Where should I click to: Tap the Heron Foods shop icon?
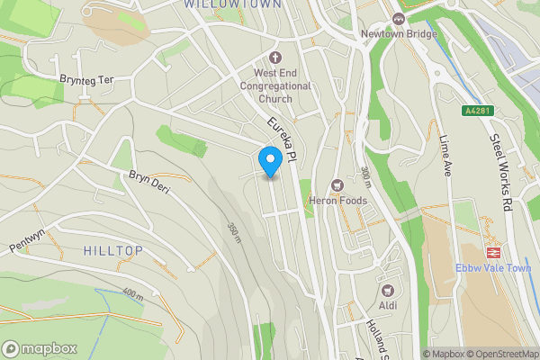pos(338,184)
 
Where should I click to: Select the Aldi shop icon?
pos(388,291)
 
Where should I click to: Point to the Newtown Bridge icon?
pos(399,19)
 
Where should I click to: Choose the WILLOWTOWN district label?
pos(225,4)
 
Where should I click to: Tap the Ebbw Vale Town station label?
pos(492,268)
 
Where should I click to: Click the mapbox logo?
pos(40,348)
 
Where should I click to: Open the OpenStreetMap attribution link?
pos(500,354)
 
